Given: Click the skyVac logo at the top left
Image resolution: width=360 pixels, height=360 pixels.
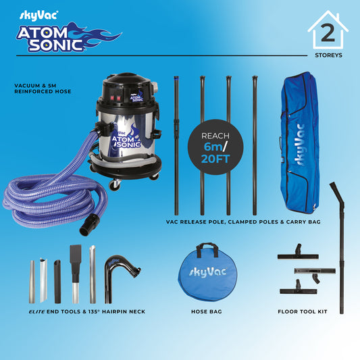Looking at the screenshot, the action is click(38, 16).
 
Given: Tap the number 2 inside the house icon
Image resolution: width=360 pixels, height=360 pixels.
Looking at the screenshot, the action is click(328, 33).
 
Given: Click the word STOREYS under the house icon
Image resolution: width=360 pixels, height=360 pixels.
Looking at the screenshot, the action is click(328, 55).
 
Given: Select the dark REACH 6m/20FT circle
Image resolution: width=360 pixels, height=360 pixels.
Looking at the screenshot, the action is click(215, 147).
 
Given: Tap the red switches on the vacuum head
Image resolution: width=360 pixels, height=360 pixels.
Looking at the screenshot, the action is click(115, 98).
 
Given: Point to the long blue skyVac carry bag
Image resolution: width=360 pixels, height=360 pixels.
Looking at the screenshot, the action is click(300, 143).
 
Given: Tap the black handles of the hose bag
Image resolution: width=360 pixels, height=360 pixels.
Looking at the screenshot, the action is click(207, 250).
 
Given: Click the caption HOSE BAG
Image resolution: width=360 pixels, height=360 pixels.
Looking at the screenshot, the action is click(207, 311).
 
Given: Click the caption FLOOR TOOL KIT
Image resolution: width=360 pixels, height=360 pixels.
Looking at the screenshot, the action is click(303, 311).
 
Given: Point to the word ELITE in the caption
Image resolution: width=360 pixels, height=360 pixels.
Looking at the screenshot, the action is click(36, 311).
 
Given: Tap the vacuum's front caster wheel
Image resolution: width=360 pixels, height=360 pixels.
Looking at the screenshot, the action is click(115, 184).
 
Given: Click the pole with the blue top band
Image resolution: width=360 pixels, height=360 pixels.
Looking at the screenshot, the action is click(176, 146).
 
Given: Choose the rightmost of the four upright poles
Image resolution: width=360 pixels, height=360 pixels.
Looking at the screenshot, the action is click(255, 146).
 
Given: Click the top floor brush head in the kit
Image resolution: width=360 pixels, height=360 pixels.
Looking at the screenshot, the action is click(298, 253).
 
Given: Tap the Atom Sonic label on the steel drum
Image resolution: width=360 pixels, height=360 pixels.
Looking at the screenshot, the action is click(126, 139).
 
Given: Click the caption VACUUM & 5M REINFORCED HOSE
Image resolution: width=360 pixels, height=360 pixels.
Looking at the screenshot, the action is click(43, 88).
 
